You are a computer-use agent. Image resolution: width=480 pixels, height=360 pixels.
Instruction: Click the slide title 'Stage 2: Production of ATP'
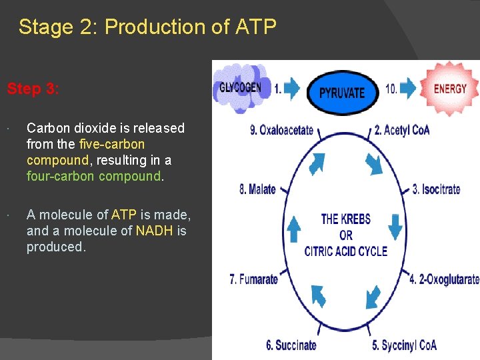click(x=147, y=27)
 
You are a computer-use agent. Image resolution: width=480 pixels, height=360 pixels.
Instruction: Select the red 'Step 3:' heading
click(x=33, y=89)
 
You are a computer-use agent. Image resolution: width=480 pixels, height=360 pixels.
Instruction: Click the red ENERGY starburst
click(x=449, y=88)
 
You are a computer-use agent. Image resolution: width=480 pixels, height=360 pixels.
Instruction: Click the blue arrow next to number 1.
click(x=292, y=89)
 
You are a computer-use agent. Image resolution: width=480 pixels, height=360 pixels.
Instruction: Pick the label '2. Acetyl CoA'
click(x=401, y=130)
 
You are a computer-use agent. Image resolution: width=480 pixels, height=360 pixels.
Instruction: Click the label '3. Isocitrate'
click(x=436, y=189)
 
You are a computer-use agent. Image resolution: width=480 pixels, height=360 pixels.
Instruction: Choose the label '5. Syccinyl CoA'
click(x=404, y=345)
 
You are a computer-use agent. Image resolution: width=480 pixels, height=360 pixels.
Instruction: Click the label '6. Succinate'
click(x=291, y=345)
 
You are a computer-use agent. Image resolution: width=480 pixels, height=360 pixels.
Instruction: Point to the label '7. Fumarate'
click(x=253, y=279)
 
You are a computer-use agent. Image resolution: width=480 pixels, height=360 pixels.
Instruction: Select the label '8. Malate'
click(x=257, y=189)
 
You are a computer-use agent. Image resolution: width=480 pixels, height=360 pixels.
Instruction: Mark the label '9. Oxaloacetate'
click(x=281, y=130)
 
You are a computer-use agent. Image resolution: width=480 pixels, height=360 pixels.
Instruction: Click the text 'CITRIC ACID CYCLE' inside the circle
click(x=345, y=251)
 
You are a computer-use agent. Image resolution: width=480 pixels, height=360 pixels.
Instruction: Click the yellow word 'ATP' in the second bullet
click(x=123, y=215)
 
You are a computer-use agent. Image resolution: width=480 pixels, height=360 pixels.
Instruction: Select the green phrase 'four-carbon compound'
click(x=93, y=176)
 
